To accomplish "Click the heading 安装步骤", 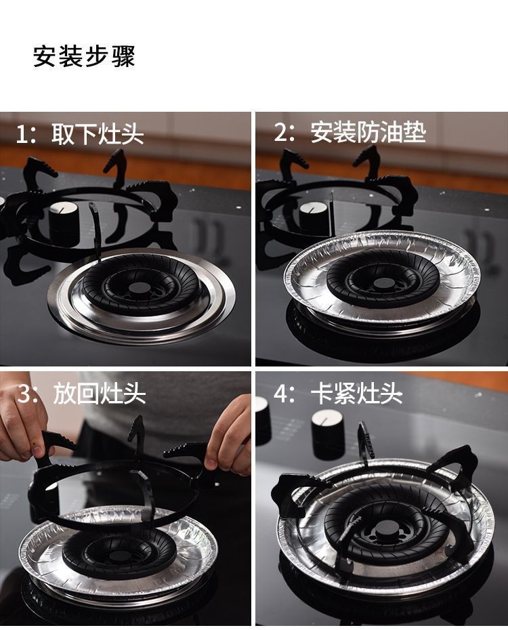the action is pyautogui.click(x=84, y=57).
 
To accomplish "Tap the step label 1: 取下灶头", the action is pyautogui.click(x=80, y=134).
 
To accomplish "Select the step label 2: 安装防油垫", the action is pyautogui.click(x=350, y=132).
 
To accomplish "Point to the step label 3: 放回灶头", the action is pyautogui.click(x=81, y=394).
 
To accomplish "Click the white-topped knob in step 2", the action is pyautogui.click(x=314, y=218).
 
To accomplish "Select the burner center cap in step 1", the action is pyautogui.click(x=139, y=288).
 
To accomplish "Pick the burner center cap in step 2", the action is pyautogui.click(x=385, y=283).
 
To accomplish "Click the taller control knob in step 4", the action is pyautogui.click(x=327, y=434).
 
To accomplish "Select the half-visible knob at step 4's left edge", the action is pyautogui.click(x=263, y=420).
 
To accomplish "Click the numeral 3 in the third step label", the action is pyautogui.click(x=24, y=394).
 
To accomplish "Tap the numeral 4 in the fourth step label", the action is pyautogui.click(x=281, y=394).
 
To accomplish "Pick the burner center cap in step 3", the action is pyautogui.click(x=119, y=556).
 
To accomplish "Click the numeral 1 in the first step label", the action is pyautogui.click(x=21, y=134).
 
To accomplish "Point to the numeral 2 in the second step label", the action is pyautogui.click(x=281, y=132).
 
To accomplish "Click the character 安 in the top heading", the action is pyautogui.click(x=45, y=57).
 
